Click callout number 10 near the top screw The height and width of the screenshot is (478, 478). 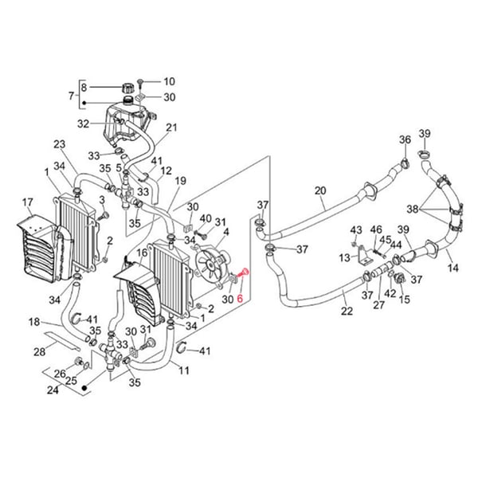(x=168, y=81)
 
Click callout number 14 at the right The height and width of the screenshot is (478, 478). (x=453, y=268)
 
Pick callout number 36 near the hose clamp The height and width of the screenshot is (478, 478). (x=405, y=140)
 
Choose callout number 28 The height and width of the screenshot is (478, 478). (x=38, y=351)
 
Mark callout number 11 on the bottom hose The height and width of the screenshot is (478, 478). (x=183, y=370)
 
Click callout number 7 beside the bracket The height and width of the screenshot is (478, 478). (x=71, y=96)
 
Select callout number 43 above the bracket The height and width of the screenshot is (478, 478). (x=355, y=230)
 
